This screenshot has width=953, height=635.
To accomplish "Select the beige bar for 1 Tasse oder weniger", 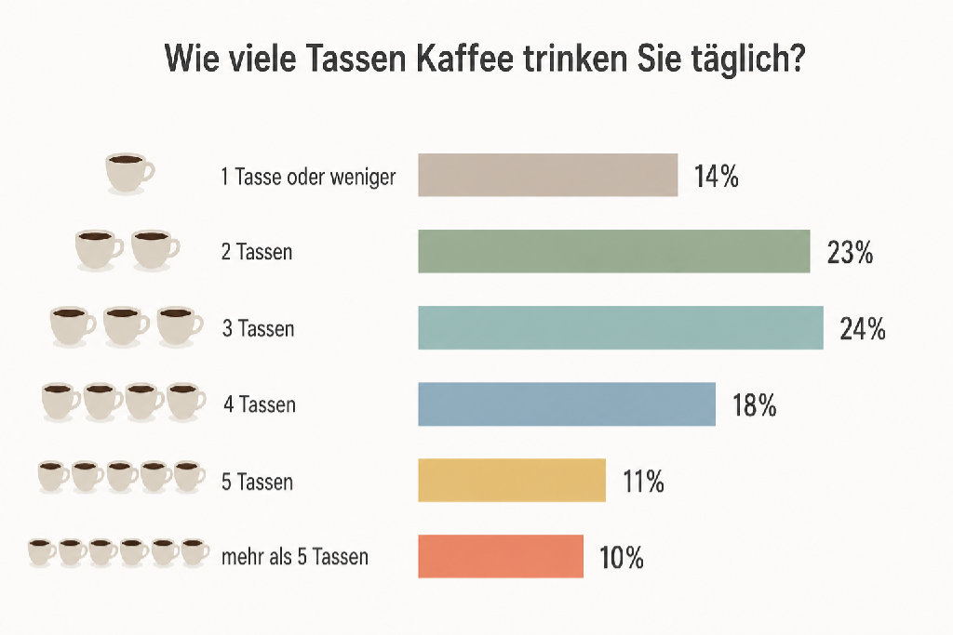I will pos(547,175).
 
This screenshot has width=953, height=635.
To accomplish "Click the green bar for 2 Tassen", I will pos(613,251).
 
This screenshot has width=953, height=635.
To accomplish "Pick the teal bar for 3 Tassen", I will pos(620,327).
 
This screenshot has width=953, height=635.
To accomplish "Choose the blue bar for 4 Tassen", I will pos(566,404).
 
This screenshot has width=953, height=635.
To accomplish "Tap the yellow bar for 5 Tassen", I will pos(511,481).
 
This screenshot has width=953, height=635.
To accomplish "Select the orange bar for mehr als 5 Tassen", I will pos(500,557).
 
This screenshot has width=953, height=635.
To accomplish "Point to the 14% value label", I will pos(716,176).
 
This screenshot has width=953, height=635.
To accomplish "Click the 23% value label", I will pos(850,252).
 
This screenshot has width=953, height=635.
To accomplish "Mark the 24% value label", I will pos(862,328).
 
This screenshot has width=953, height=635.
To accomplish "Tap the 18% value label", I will pos(754,405).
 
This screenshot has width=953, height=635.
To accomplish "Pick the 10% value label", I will pos(622,558).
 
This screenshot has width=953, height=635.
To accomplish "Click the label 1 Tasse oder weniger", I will pos(308,177).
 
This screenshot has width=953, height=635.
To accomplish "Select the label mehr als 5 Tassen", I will pos(295,558).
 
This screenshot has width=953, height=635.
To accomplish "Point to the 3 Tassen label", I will pos(258,328).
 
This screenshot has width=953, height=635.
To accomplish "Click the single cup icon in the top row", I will pos(128,172).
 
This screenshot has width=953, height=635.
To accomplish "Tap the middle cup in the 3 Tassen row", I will pos(126,325).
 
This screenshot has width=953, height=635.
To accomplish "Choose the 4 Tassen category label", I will pos(259,404).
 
